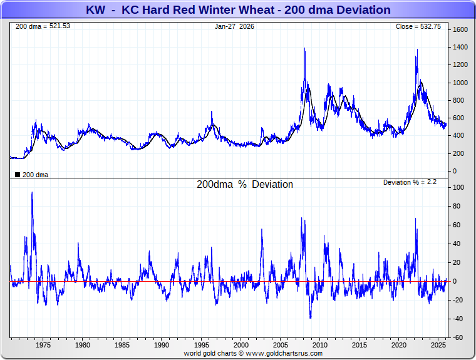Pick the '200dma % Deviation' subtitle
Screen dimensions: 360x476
[245, 185]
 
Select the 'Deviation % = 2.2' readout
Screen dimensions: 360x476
[410, 182]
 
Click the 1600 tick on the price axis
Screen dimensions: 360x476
[460, 30]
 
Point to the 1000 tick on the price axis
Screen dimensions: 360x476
[460, 83]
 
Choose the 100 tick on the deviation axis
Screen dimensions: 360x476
[458, 188]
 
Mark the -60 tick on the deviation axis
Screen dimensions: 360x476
[458, 338]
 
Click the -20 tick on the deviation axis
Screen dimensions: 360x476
[458, 301]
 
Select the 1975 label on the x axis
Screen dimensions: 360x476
[43, 345]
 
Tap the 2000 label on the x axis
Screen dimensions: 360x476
[241, 345]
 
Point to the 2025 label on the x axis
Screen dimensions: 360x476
[439, 345]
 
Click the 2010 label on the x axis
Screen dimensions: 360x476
[320, 345]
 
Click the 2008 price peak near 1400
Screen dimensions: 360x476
[304, 49]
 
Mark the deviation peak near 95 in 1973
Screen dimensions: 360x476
[32, 193]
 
